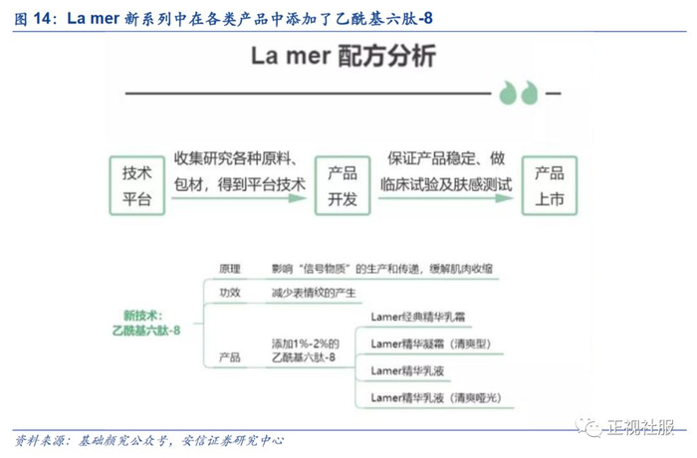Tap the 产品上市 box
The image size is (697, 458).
point(550,184)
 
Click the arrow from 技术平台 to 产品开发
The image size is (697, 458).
point(239,198)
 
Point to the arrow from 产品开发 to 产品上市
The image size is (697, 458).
point(445,198)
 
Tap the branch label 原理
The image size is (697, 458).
point(230,269)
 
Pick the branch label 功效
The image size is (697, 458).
point(230,293)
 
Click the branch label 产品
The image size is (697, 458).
point(230,355)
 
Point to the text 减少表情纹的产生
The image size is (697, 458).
point(313,293)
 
